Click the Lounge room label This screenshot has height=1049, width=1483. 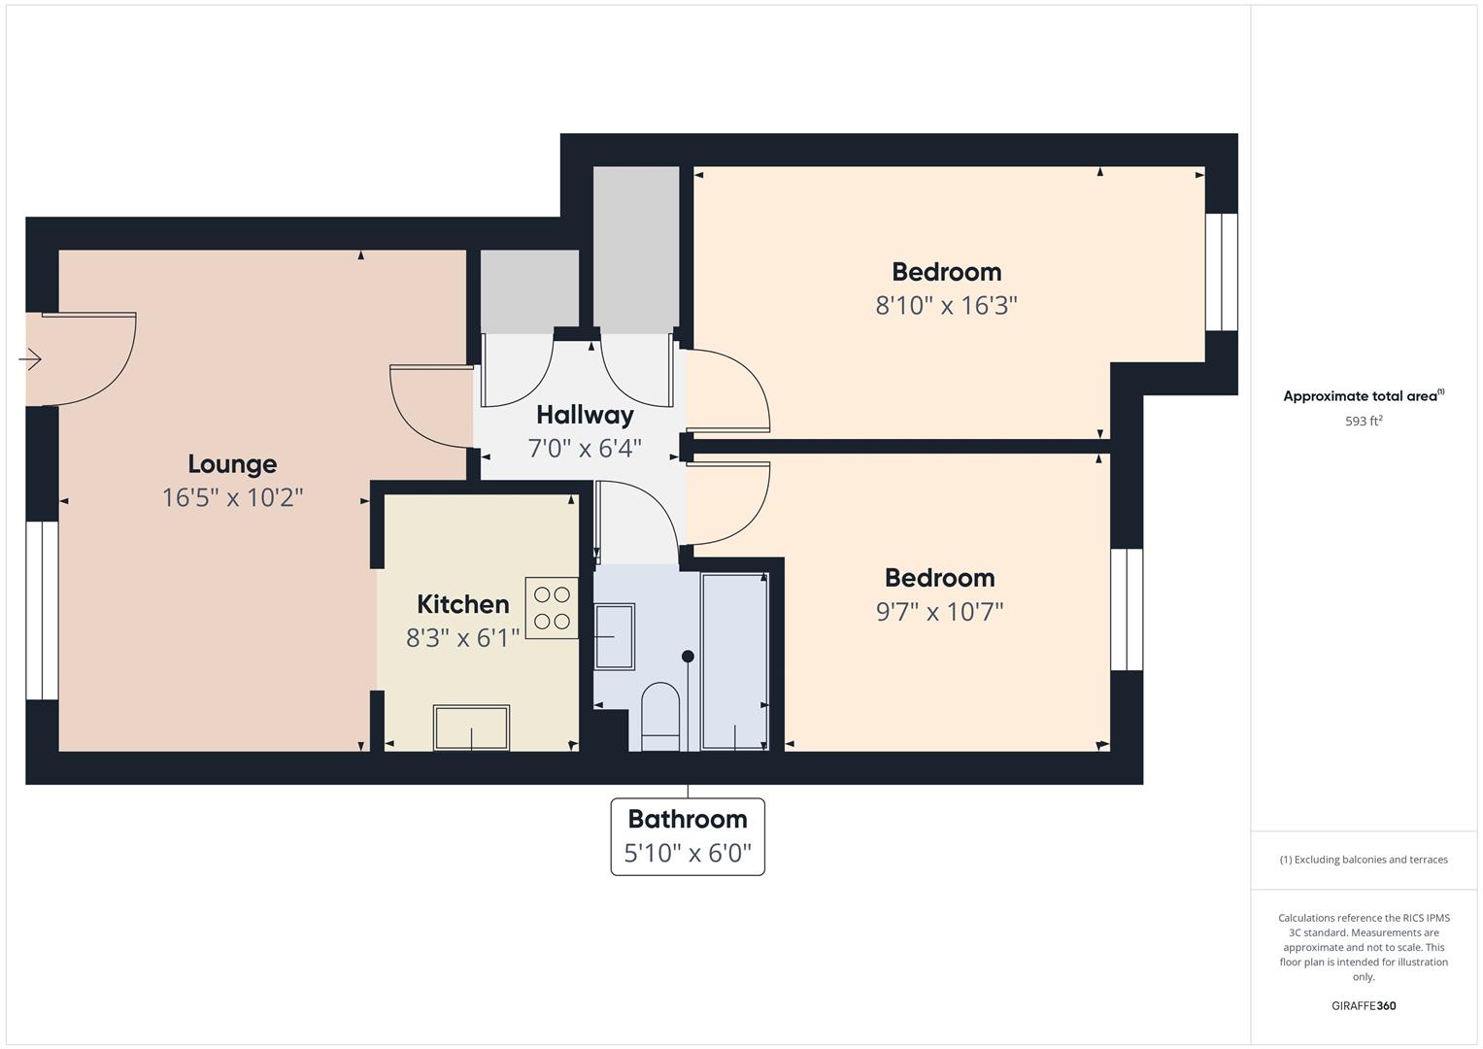tap(232, 464)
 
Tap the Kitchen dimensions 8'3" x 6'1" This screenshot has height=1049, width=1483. tap(463, 638)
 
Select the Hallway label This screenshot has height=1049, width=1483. tap(585, 416)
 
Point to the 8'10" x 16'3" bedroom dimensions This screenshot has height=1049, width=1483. tap(946, 305)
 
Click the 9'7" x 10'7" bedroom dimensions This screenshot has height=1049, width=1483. tap(939, 611)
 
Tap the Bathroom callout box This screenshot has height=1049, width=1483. tap(688, 836)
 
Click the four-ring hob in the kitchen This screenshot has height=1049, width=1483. tap(552, 608)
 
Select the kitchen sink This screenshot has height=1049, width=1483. tap(471, 728)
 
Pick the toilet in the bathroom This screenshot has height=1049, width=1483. tap(660, 717)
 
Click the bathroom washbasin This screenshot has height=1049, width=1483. tap(615, 636)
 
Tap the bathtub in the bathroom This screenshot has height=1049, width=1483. tap(734, 661)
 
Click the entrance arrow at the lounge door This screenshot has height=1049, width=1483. tap(30, 359)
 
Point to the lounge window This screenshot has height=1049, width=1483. tap(42, 611)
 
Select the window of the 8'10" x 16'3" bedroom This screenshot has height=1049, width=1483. tap(1221, 272)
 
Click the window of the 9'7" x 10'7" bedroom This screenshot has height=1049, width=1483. tap(1127, 610)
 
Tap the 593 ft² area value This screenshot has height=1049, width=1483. tap(1364, 422)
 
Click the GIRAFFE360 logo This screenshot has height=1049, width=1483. tap(1364, 1006)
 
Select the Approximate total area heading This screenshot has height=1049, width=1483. tap(1364, 396)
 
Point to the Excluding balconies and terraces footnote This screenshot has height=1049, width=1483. tap(1364, 860)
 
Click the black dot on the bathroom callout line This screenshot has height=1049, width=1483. tap(688, 657)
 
